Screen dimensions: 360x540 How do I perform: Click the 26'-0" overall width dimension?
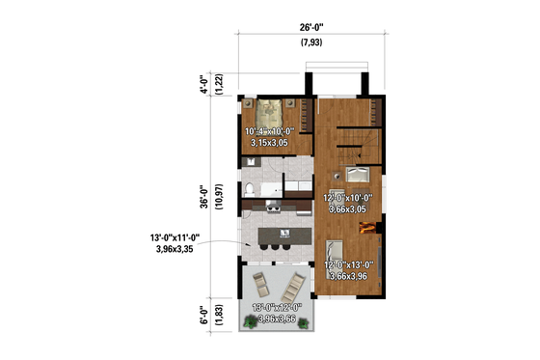pyautogui.click(x=310, y=27)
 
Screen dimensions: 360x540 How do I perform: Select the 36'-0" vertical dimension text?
pyautogui.click(x=203, y=198)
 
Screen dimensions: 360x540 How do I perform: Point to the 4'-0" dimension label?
pyautogui.click(x=203, y=83)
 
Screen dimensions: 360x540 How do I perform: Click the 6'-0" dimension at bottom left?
pyautogui.click(x=203, y=316)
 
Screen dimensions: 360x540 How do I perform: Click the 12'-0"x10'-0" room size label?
pyautogui.click(x=354, y=199)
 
